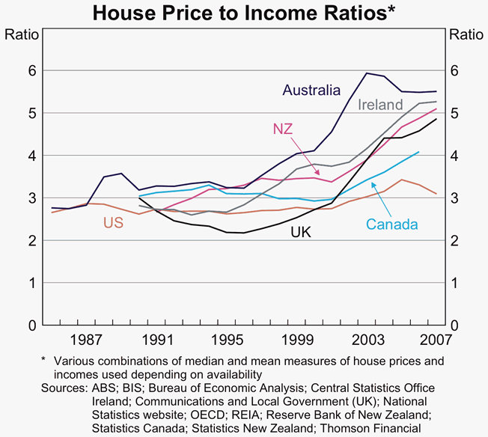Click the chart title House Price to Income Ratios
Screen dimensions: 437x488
pyautogui.click(x=243, y=13)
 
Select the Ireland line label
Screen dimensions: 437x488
pyautogui.click(x=381, y=105)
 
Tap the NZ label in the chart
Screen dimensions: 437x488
pyautogui.click(x=283, y=129)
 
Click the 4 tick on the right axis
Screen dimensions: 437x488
pyautogui.click(x=455, y=156)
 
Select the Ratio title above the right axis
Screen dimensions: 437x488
pyautogui.click(x=466, y=34)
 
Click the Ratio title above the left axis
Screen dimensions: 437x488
pyautogui.click(x=20, y=34)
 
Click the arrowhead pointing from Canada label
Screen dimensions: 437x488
pyautogui.click(x=373, y=180)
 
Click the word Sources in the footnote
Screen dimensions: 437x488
pyautogui.click(x=63, y=389)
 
